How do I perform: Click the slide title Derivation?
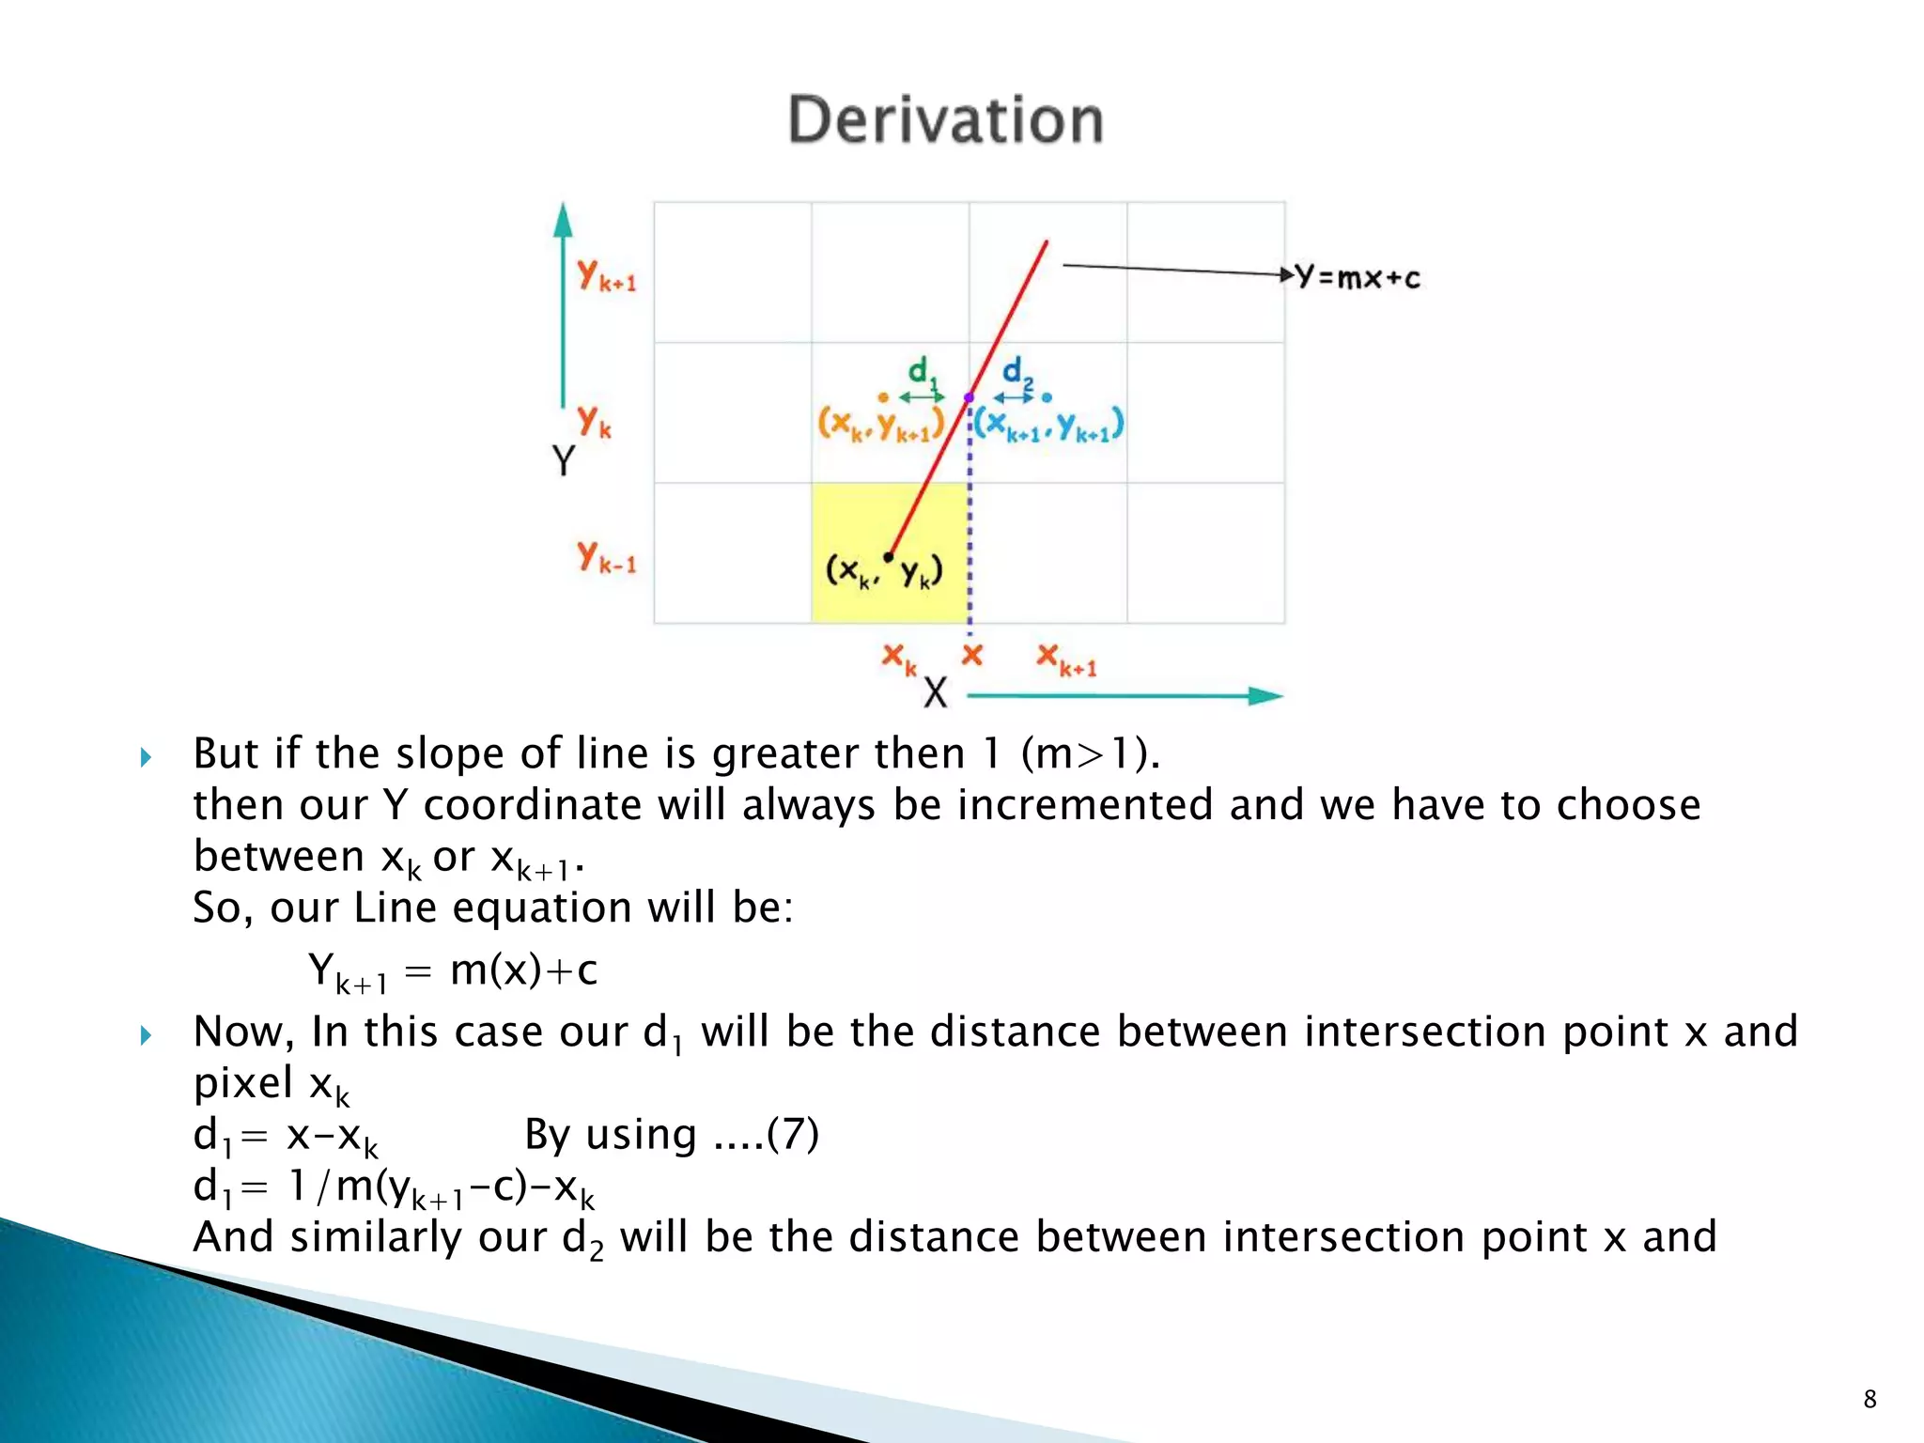pyautogui.click(x=945, y=120)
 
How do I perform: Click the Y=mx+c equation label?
pyautogui.click(x=1357, y=277)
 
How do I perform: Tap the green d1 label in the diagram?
pyautogui.click(x=921, y=372)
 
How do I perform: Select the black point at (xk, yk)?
pyautogui.click(x=889, y=557)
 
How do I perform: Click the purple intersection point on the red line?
pyautogui.click(x=970, y=398)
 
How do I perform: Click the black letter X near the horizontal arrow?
pyautogui.click(x=935, y=693)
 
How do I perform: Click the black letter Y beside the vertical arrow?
pyautogui.click(x=563, y=460)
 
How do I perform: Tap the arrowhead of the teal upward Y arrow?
pyautogui.click(x=563, y=220)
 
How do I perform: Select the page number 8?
pyautogui.click(x=1870, y=1399)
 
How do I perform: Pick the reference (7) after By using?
pyautogui.click(x=793, y=1134)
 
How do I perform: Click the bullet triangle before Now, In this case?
pyautogui.click(x=146, y=1035)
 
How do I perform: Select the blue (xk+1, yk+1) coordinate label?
pyautogui.click(x=1048, y=426)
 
